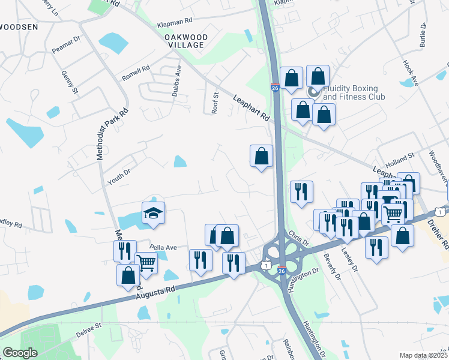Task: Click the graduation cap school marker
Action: point(153,212)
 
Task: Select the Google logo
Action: point(19,352)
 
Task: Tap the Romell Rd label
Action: point(135,74)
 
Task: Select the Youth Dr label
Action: point(119,175)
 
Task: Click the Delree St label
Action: point(89,328)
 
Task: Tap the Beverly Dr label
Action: point(331,267)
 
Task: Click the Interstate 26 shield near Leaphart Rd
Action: point(274,88)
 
